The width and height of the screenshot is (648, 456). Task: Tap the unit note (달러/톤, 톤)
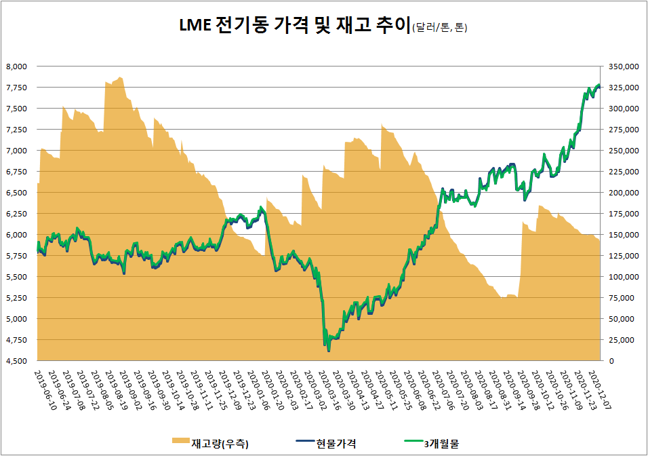coord(439,28)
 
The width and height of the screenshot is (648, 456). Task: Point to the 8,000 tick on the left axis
coord(16,66)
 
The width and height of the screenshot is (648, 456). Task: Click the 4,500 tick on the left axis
coord(16,361)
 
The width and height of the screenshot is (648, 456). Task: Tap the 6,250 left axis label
coord(16,214)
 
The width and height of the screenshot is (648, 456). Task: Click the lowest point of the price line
coord(329,351)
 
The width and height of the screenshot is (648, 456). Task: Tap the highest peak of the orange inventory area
coord(120,77)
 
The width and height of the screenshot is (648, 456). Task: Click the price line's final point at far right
coord(599,85)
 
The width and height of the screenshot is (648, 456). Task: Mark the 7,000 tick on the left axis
coord(16,151)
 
